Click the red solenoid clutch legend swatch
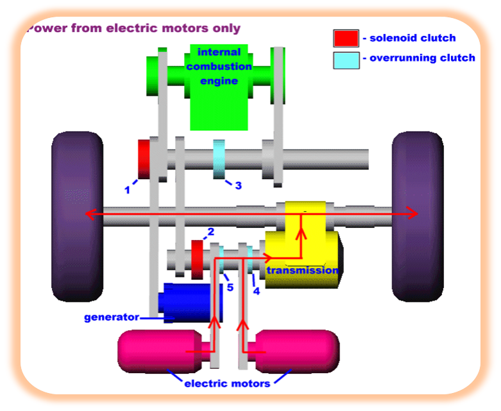tap(345, 38)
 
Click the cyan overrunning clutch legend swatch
tap(345, 59)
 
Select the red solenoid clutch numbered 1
tap(144, 158)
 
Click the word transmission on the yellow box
tap(302, 270)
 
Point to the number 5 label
tap(230, 286)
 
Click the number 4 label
tap(256, 291)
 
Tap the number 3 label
tap(238, 186)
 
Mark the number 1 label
tap(127, 189)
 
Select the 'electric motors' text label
tap(227, 384)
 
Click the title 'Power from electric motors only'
tap(134, 28)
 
